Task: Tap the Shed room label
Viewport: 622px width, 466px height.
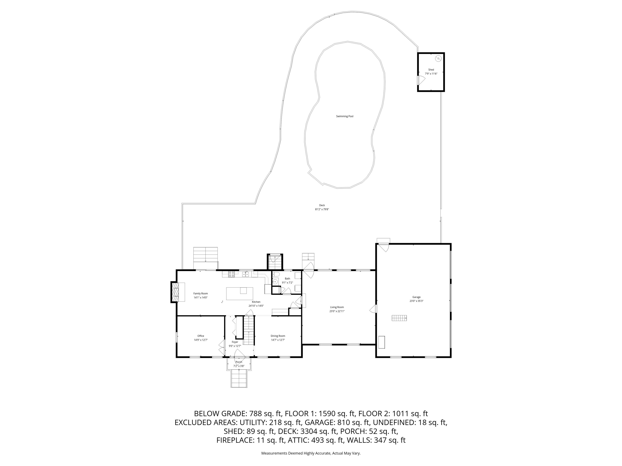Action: (431, 70)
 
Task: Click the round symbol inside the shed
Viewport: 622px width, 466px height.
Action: (438, 58)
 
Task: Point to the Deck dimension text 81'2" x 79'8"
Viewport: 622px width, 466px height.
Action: (322, 209)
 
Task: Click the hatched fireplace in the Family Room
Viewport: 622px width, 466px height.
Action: (176, 292)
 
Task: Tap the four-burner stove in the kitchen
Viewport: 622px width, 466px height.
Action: (231, 274)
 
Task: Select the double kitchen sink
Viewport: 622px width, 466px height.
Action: (246, 274)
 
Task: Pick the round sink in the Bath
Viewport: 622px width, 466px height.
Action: (275, 282)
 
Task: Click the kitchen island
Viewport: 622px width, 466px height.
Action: (240, 293)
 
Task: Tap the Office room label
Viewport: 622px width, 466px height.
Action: (201, 336)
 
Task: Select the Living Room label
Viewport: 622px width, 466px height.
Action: (337, 307)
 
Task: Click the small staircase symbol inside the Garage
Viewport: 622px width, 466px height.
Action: (399, 318)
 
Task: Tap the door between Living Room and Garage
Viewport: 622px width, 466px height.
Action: (373, 309)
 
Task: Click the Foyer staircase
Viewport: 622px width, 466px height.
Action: (249, 330)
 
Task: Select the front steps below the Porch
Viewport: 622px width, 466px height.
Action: (239, 379)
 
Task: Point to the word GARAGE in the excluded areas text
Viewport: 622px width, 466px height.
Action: (317, 423)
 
